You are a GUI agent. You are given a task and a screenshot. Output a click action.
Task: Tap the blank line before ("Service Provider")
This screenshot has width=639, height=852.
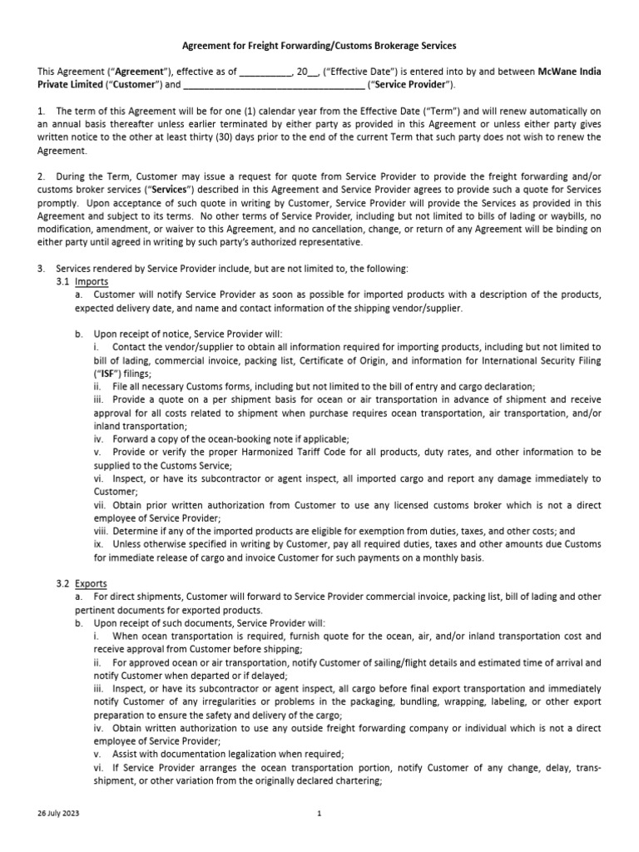click(272, 85)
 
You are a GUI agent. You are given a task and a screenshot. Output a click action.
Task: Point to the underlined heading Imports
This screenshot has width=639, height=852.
click(92, 282)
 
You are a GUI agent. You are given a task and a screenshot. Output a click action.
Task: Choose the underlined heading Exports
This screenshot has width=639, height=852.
click(92, 584)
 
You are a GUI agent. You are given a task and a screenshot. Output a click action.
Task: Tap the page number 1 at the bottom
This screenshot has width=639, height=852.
click(319, 814)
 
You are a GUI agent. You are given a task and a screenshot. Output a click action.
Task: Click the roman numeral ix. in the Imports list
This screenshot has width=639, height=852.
click(98, 544)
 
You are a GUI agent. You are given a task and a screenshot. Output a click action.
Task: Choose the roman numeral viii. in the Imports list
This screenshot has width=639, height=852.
click(100, 531)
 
